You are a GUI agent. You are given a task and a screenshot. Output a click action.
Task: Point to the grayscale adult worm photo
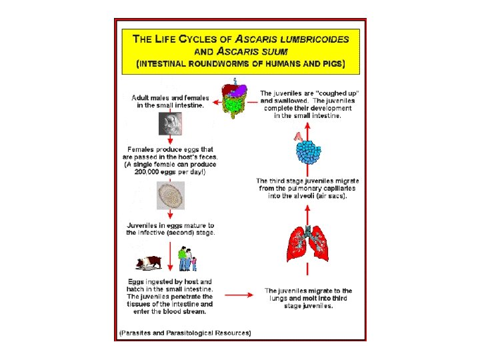[x=169, y=123]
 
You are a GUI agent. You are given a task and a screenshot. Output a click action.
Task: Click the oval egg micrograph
[x=170, y=196]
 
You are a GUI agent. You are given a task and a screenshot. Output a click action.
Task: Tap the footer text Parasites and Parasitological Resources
[x=185, y=332]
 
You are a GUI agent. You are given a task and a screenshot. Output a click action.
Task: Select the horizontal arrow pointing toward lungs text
[x=237, y=293]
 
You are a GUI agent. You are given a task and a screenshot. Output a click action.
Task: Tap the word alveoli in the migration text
[x=314, y=196]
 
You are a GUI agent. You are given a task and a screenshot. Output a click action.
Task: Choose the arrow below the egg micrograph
[x=171, y=215]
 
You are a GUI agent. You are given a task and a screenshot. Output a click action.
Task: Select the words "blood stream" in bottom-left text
[x=182, y=311]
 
